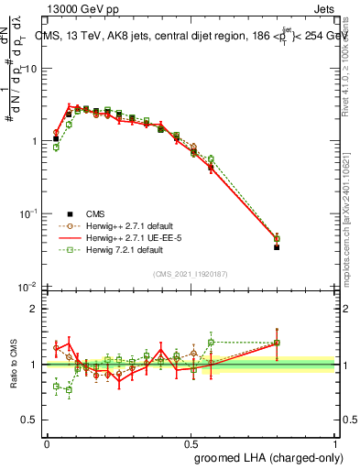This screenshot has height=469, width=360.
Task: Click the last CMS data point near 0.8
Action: coord(278,247)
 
